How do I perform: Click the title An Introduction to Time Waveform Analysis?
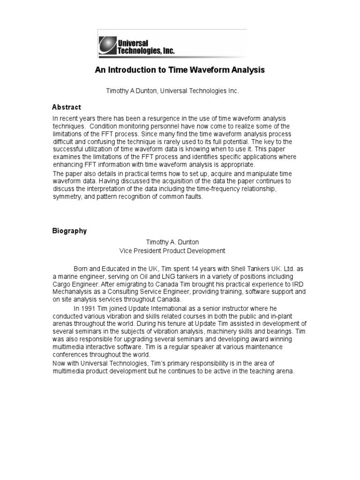180,70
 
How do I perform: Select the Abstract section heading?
67,107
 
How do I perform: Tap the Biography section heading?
69,231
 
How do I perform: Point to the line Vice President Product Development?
172,251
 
